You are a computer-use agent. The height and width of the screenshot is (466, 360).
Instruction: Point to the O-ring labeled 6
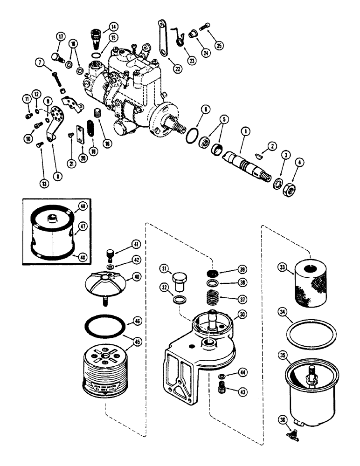189,139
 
